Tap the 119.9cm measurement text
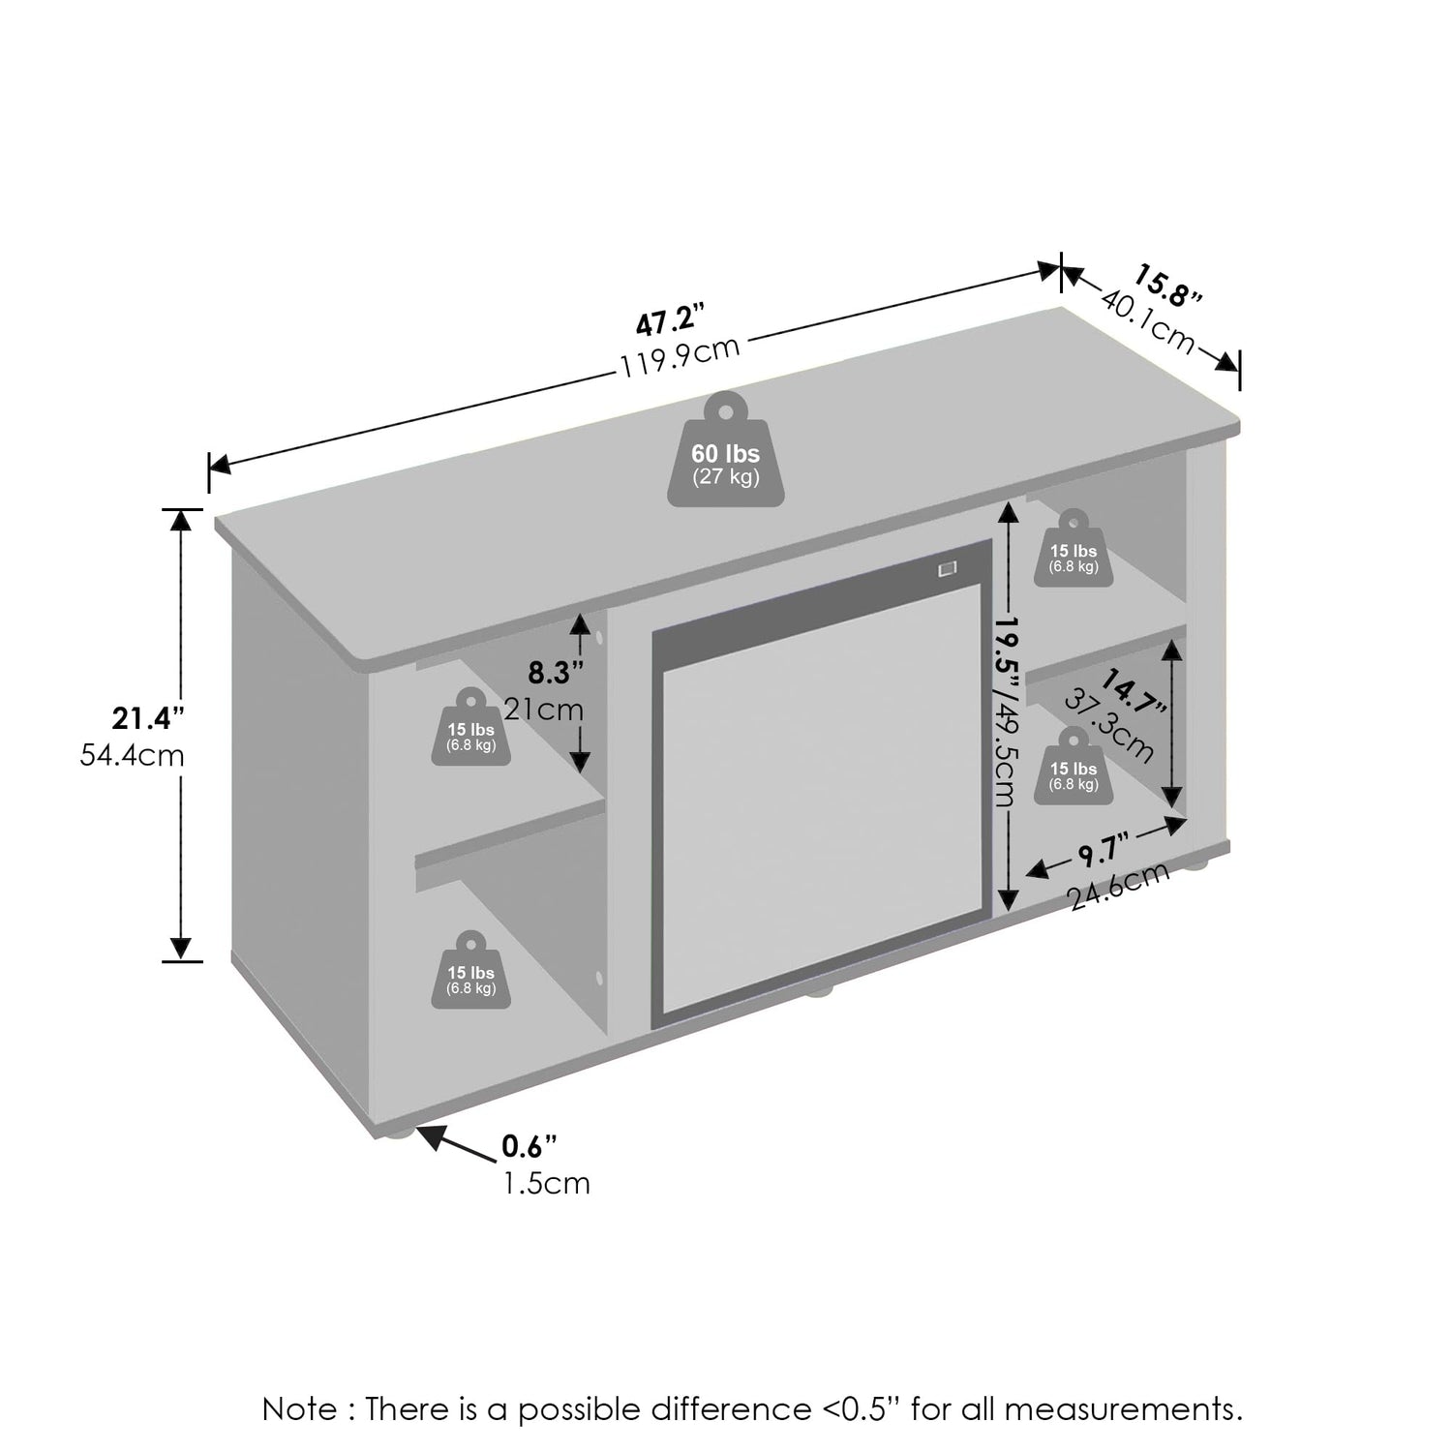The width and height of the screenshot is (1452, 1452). [681, 355]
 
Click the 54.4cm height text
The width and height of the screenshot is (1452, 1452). [132, 755]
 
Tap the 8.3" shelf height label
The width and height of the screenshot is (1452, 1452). [555, 671]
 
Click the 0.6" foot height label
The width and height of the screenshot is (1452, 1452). [529, 1146]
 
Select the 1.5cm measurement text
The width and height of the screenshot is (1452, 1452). [546, 1183]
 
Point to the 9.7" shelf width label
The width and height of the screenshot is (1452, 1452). [1098, 853]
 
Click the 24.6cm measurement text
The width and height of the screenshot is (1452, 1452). [1119, 887]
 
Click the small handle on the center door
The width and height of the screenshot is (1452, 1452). [946, 569]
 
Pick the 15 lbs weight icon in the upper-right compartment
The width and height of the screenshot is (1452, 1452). [1074, 549]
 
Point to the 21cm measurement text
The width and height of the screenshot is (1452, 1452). [544, 710]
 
